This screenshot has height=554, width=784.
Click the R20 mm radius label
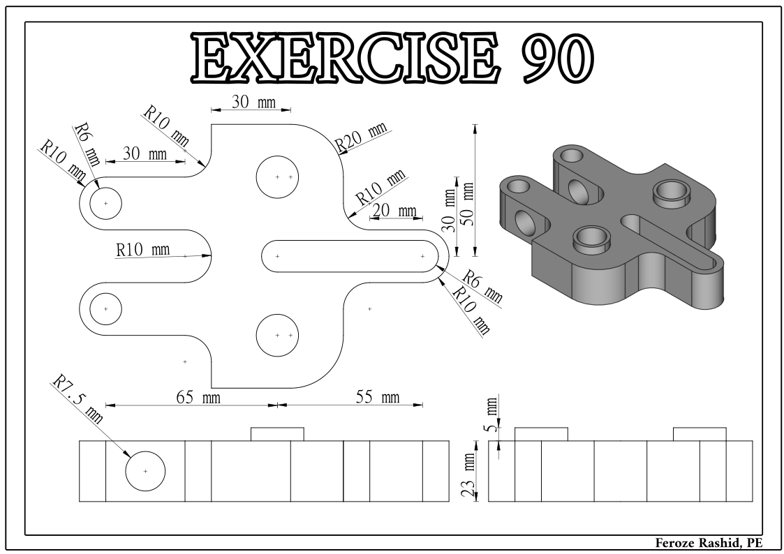tap(360, 137)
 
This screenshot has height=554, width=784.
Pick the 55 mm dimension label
tap(377, 398)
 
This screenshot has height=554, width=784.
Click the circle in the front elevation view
tap(145, 471)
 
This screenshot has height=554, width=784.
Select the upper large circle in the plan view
tap(277, 177)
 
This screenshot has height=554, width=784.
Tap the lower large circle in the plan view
tap(277, 336)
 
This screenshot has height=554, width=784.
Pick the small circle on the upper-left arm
tap(105, 203)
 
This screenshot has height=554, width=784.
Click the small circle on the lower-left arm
tap(105, 308)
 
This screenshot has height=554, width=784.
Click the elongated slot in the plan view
tap(350, 256)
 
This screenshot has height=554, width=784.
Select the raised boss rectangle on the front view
tap(277, 434)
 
